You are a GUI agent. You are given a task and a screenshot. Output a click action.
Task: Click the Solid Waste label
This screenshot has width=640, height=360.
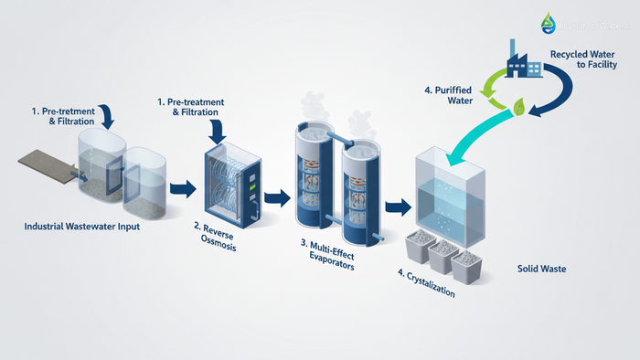[541, 269]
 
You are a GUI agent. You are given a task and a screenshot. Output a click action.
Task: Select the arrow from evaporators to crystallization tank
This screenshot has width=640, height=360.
[397, 206]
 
